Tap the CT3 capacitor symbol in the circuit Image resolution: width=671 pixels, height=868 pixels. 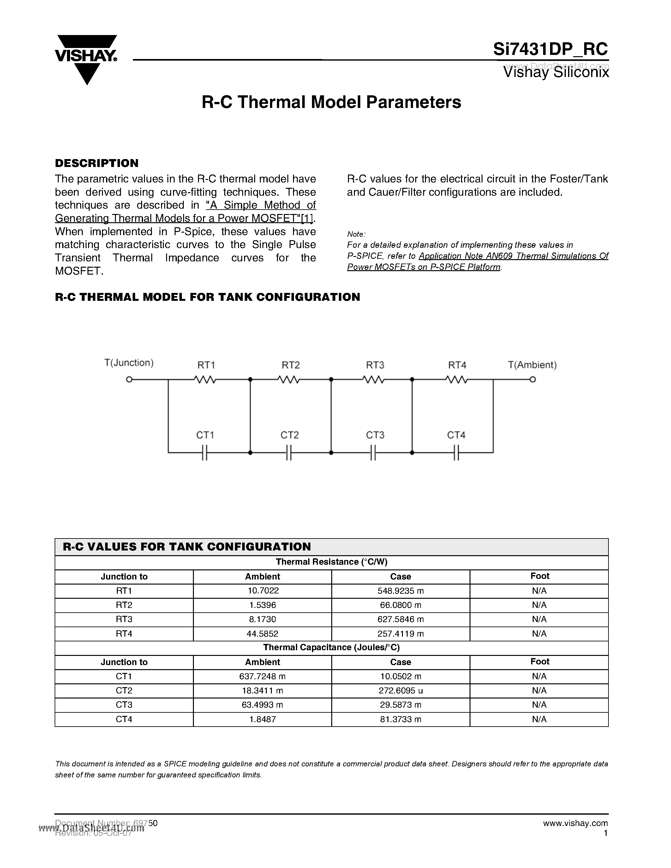(373, 453)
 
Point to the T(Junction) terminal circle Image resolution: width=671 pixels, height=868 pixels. (129, 379)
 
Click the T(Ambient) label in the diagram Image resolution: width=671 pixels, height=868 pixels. (532, 365)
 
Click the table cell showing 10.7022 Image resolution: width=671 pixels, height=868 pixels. (263, 591)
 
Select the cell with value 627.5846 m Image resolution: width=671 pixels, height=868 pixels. (400, 619)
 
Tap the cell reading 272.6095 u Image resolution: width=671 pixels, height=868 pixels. (400, 691)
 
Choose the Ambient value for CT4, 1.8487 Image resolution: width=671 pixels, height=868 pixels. (263, 719)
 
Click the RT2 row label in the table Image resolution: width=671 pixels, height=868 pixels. (124, 605)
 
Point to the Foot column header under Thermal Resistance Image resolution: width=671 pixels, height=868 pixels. (539, 576)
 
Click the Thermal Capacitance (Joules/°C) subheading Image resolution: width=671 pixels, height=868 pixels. (331, 647)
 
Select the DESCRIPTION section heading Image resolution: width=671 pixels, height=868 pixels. (97, 163)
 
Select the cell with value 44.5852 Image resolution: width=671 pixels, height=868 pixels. (263, 633)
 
